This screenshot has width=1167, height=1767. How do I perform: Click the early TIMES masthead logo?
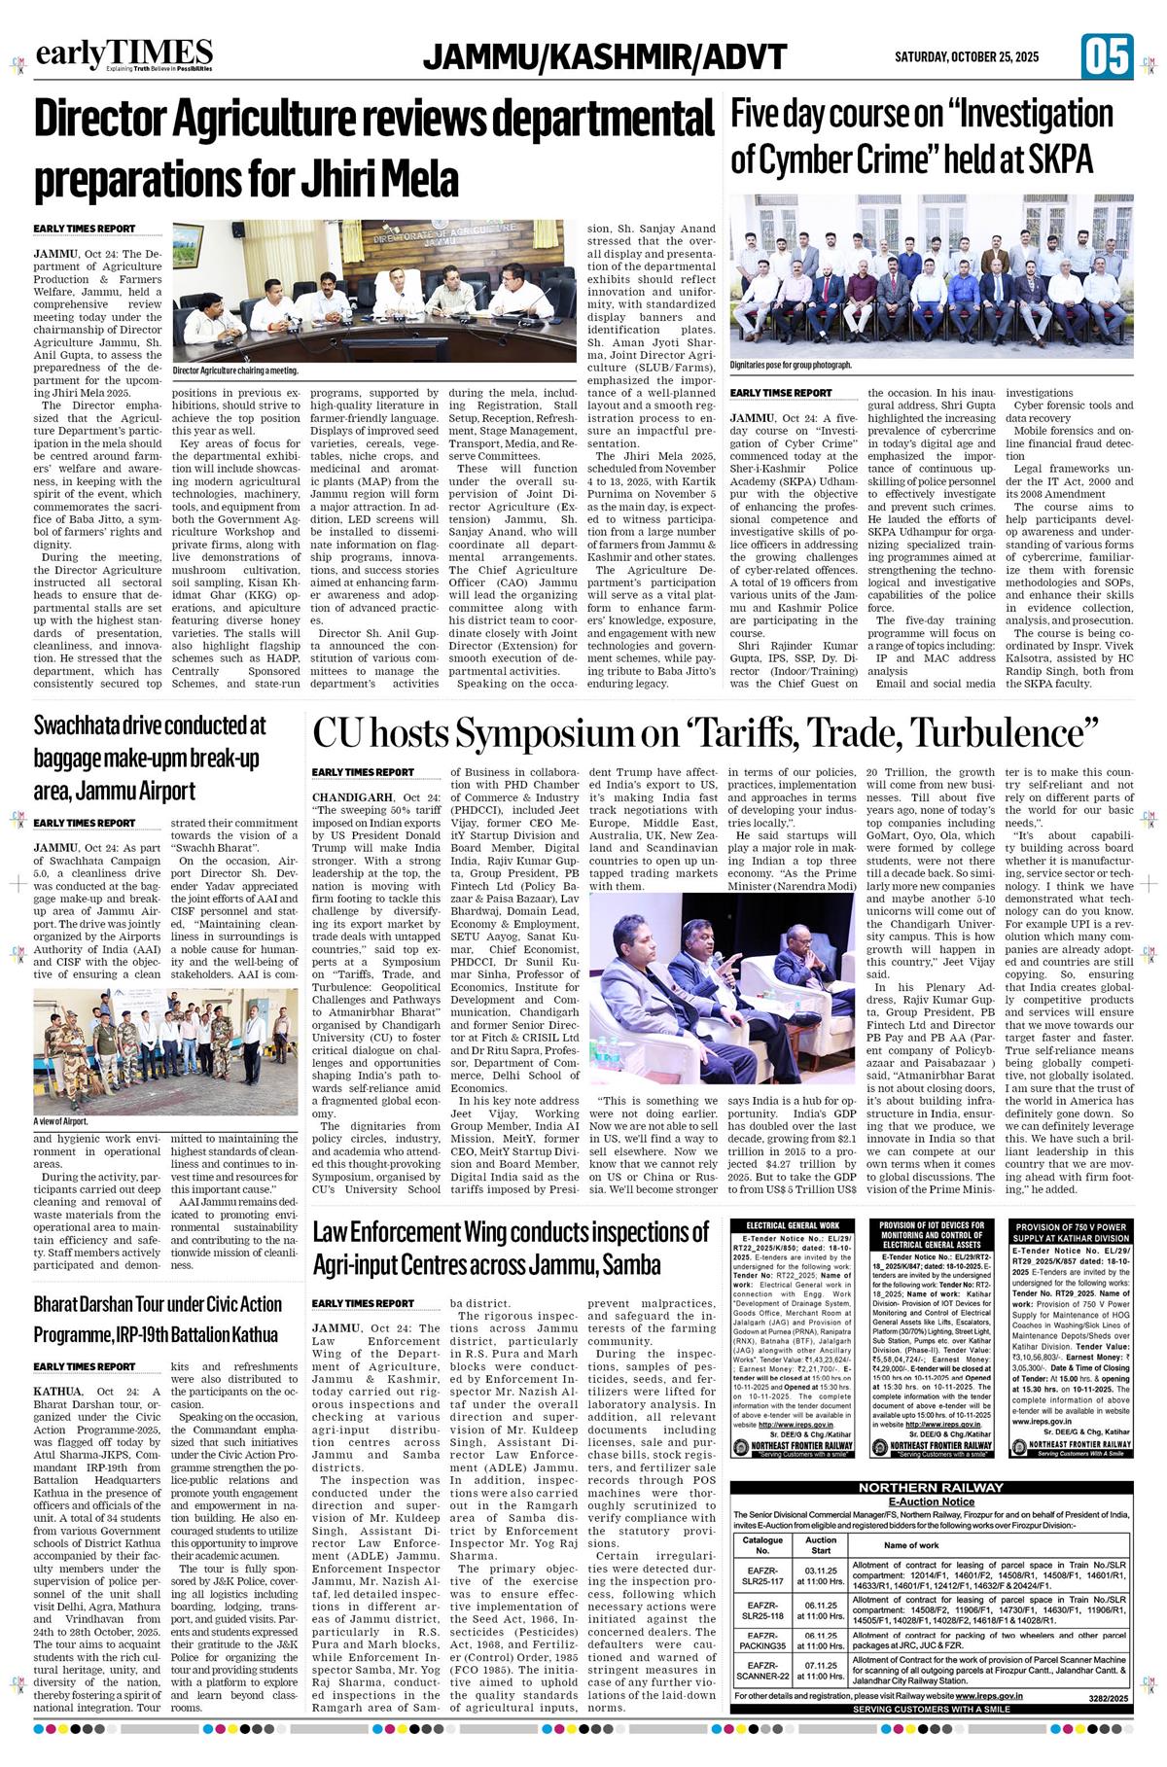pyautogui.click(x=124, y=54)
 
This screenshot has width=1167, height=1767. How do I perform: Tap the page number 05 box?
pyautogui.click(x=1107, y=55)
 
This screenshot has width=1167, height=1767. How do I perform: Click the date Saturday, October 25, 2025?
pyautogui.click(x=967, y=57)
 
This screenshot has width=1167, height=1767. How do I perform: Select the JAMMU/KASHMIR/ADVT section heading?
pyautogui.click(x=605, y=57)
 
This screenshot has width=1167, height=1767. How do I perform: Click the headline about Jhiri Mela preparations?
pyautogui.click(x=374, y=149)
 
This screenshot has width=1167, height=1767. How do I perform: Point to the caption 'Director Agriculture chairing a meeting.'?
pyautogui.click(x=235, y=371)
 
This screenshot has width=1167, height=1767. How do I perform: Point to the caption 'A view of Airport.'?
pyautogui.click(x=60, y=1121)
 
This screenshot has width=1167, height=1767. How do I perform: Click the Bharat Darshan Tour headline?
pyautogui.click(x=158, y=1319)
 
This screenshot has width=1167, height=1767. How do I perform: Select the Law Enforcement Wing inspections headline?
pyautogui.click(x=512, y=1248)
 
